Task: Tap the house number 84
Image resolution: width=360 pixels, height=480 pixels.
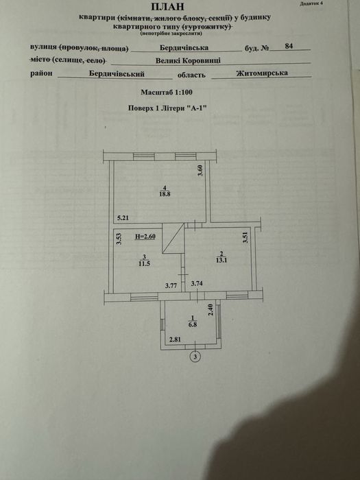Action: [x=289, y=46]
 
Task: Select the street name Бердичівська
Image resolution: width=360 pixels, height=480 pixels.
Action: [x=184, y=48]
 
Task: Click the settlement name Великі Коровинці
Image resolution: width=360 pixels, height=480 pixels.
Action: [x=188, y=60]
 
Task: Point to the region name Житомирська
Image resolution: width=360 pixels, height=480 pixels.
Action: [x=262, y=73]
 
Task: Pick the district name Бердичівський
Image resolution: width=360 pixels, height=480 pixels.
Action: [x=117, y=74]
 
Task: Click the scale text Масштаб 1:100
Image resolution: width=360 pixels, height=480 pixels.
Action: [x=167, y=92]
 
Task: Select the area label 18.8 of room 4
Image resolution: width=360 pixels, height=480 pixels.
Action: [x=165, y=193]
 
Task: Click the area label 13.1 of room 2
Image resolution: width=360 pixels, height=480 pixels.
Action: [x=221, y=261]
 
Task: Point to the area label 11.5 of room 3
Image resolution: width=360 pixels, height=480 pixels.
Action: [x=144, y=263]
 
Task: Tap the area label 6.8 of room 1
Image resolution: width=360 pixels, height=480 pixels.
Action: [x=193, y=325]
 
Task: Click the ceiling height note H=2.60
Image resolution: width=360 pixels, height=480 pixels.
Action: [x=145, y=237]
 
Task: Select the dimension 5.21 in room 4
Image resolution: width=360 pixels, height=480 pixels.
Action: [x=123, y=218]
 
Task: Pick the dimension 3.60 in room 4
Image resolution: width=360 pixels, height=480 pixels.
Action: [x=200, y=171]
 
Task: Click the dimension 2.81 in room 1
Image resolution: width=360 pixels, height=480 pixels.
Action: [x=175, y=339]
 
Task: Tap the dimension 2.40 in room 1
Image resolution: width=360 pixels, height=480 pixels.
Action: [x=211, y=309]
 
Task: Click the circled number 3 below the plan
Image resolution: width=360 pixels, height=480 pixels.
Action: [x=195, y=357]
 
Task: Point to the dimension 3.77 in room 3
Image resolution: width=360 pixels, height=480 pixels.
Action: [x=171, y=286]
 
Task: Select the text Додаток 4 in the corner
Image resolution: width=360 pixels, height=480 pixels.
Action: [x=311, y=3]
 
